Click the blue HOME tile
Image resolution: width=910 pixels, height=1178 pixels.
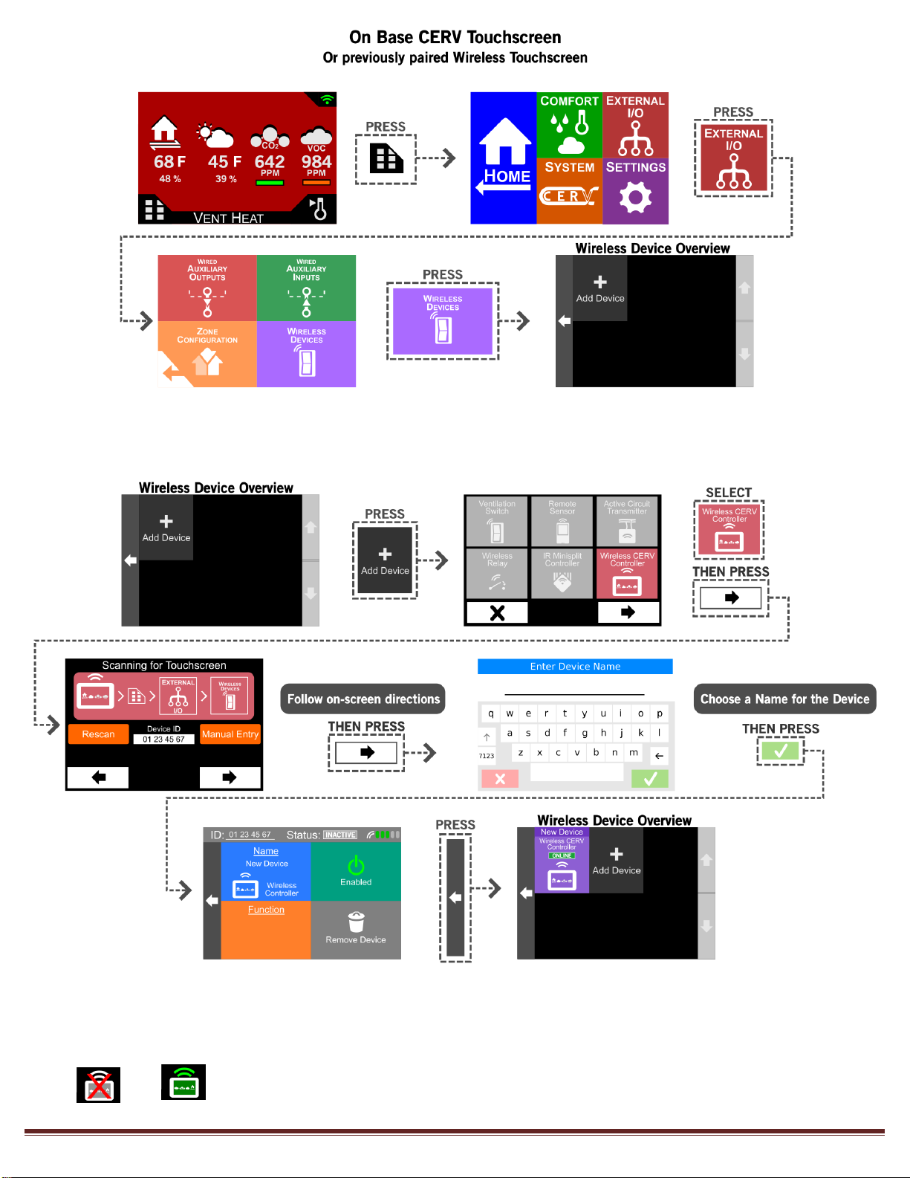(503, 158)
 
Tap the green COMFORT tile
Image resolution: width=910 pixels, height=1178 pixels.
(569, 124)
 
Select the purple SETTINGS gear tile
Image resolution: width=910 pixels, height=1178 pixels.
(635, 191)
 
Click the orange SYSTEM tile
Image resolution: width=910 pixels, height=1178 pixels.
(569, 191)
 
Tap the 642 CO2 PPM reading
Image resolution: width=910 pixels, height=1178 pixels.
(270, 161)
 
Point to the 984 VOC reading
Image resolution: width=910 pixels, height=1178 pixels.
(316, 161)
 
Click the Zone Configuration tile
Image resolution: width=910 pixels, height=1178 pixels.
(207, 354)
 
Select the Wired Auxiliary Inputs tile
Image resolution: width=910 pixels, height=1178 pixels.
(306, 288)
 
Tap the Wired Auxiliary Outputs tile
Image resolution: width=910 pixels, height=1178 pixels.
(207, 288)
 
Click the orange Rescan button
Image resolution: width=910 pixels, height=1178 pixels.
(98, 734)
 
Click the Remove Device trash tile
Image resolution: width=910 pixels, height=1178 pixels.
(356, 929)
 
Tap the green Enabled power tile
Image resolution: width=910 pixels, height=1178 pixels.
(356, 871)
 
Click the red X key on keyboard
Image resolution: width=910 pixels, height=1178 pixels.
(500, 779)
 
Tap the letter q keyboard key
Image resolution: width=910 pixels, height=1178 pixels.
(491, 713)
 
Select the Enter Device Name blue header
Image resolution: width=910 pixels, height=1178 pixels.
(575, 667)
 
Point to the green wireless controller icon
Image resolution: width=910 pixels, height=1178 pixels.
(183, 1082)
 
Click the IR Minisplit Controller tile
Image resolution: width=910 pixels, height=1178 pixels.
(562, 573)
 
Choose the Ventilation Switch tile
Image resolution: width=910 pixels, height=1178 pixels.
(497, 521)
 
